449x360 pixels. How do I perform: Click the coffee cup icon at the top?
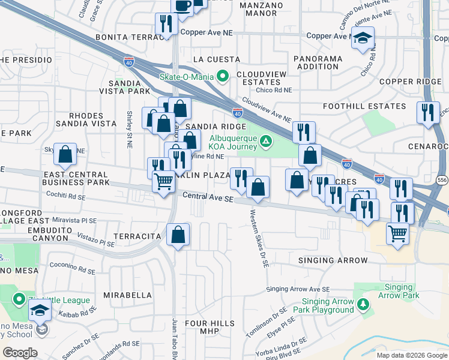(182, 5)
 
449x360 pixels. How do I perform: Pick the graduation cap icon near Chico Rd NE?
(363, 38)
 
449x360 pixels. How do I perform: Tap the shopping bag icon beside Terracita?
(178, 235)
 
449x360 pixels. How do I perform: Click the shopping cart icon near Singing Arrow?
(397, 232)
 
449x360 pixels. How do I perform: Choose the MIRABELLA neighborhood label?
(127, 295)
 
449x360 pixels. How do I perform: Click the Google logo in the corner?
(20, 352)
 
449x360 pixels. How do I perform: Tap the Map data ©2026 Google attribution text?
(411, 355)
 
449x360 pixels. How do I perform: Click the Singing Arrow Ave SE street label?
(298, 289)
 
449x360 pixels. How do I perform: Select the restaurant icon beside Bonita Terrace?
(164, 24)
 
